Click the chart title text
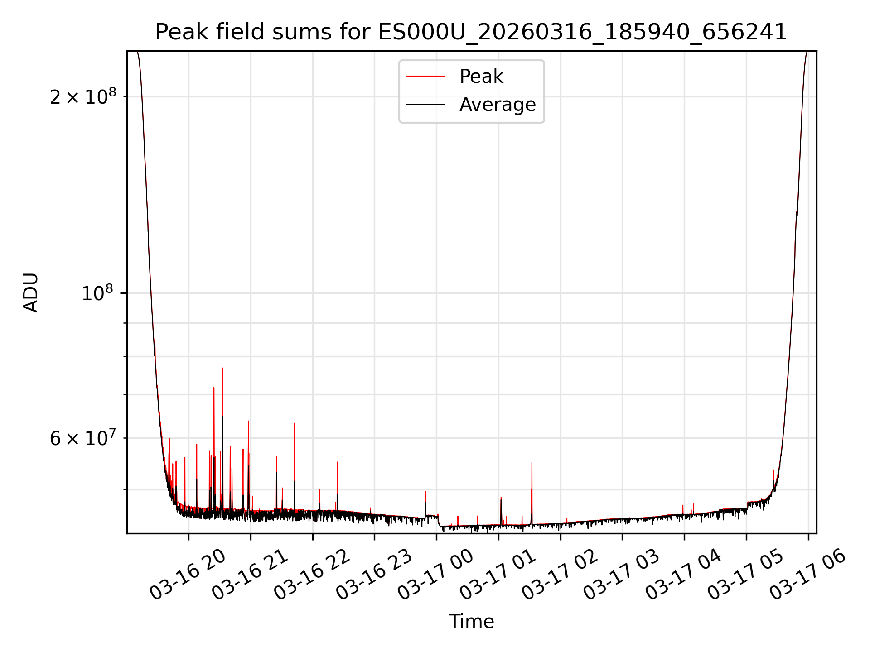[x=471, y=32]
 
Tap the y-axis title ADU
[x=31, y=292]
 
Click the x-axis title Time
[x=471, y=622]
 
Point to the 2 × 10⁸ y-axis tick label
[x=83, y=96]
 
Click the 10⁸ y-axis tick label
[x=99, y=293]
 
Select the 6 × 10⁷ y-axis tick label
[x=83, y=438]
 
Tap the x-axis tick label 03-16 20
[x=187, y=575]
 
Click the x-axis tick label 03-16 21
[x=249, y=575]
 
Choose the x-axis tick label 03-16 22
[x=311, y=575]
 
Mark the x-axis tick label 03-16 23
[x=373, y=575]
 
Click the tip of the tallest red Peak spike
[x=222, y=369]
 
